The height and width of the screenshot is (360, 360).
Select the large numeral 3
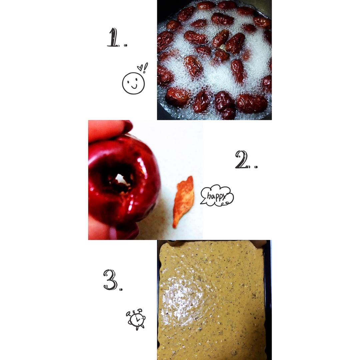click(x=111, y=279)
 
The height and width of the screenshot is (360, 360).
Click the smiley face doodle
click(x=133, y=83)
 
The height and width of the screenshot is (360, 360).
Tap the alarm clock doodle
click(x=136, y=319)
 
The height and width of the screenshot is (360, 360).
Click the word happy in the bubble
click(x=217, y=197)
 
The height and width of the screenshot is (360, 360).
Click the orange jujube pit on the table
click(x=183, y=202)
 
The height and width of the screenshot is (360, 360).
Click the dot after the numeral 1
click(x=125, y=45)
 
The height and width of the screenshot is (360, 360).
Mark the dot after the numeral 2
click(x=256, y=167)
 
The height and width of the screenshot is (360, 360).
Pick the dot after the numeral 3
click(x=121, y=289)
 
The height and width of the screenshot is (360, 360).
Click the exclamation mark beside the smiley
click(x=145, y=67)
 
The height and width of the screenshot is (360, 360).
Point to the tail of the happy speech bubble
click(x=203, y=202)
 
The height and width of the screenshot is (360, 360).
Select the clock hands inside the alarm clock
click(x=137, y=319)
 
